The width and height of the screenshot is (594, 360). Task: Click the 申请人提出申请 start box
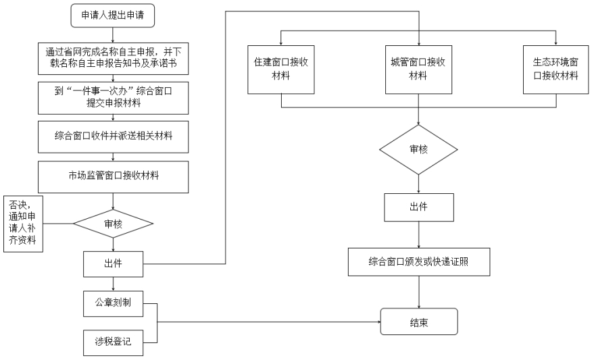pyautogui.click(x=112, y=16)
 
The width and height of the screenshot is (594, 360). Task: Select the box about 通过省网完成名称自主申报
pyautogui.click(x=113, y=58)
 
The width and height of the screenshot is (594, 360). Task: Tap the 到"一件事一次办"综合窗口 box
pyautogui.click(x=113, y=98)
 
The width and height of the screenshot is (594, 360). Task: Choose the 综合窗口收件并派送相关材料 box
pyautogui.click(x=113, y=136)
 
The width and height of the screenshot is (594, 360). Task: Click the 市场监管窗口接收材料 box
pyautogui.click(x=113, y=177)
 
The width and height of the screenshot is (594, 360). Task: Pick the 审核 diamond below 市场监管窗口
pyautogui.click(x=113, y=224)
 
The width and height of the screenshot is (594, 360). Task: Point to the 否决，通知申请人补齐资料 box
pyautogui.click(x=23, y=224)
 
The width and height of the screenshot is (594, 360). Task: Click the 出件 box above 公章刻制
pyautogui.click(x=113, y=264)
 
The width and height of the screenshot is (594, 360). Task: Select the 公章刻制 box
pyautogui.click(x=113, y=303)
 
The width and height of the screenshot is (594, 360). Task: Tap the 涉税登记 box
pyautogui.click(x=113, y=342)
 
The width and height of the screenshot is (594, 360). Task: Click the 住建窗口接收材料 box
pyautogui.click(x=280, y=70)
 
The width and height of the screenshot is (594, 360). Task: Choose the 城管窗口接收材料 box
pyautogui.click(x=418, y=70)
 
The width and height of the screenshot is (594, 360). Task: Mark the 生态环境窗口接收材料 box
pyautogui.click(x=555, y=70)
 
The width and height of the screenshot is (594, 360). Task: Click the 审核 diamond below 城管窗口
pyautogui.click(x=418, y=149)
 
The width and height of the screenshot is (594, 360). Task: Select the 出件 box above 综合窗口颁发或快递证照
pyautogui.click(x=418, y=207)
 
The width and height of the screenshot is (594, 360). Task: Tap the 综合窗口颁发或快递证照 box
pyautogui.click(x=418, y=262)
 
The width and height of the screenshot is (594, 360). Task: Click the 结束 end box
pyautogui.click(x=418, y=322)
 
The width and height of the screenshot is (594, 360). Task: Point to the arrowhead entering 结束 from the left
pyautogui.click(x=378, y=322)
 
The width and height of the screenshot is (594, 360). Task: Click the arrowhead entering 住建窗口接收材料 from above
pyautogui.click(x=280, y=43)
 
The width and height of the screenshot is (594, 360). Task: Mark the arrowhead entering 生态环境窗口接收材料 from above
pyautogui.click(x=555, y=43)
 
